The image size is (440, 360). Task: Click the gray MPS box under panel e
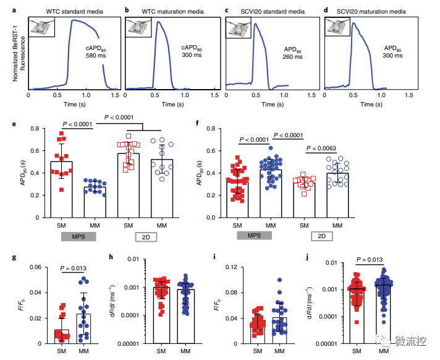click(x=76, y=236)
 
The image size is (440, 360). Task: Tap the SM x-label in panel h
click(x=161, y=351)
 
